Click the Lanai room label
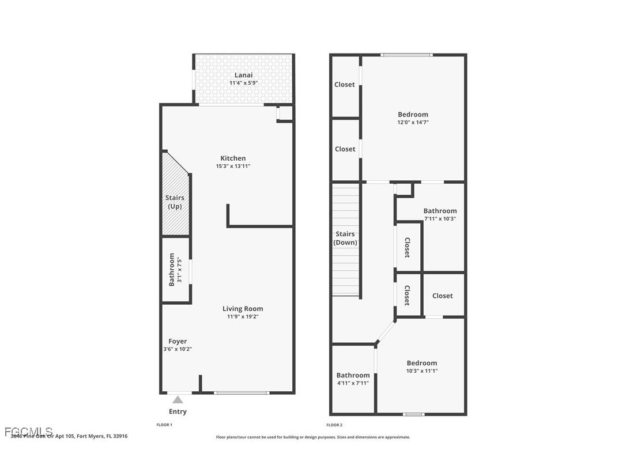tap(243, 75)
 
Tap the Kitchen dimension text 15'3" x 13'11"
tap(233, 167)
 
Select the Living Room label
tap(243, 308)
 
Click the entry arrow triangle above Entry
tap(178, 400)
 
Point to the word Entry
tap(178, 411)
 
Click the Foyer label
tap(178, 341)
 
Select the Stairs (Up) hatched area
tap(175, 196)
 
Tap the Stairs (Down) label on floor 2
tap(345, 238)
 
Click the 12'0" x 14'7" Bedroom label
tap(413, 114)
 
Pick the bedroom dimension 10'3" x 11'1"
tap(422, 371)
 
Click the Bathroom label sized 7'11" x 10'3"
tap(440, 211)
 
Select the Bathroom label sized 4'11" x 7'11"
tap(353, 375)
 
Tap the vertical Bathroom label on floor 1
tap(172, 270)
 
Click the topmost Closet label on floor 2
tap(345, 85)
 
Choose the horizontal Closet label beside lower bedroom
tap(442, 296)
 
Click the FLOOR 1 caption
tap(164, 425)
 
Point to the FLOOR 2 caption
tap(334, 425)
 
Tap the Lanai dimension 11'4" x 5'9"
tap(243, 83)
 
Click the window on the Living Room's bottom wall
tap(242, 393)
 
